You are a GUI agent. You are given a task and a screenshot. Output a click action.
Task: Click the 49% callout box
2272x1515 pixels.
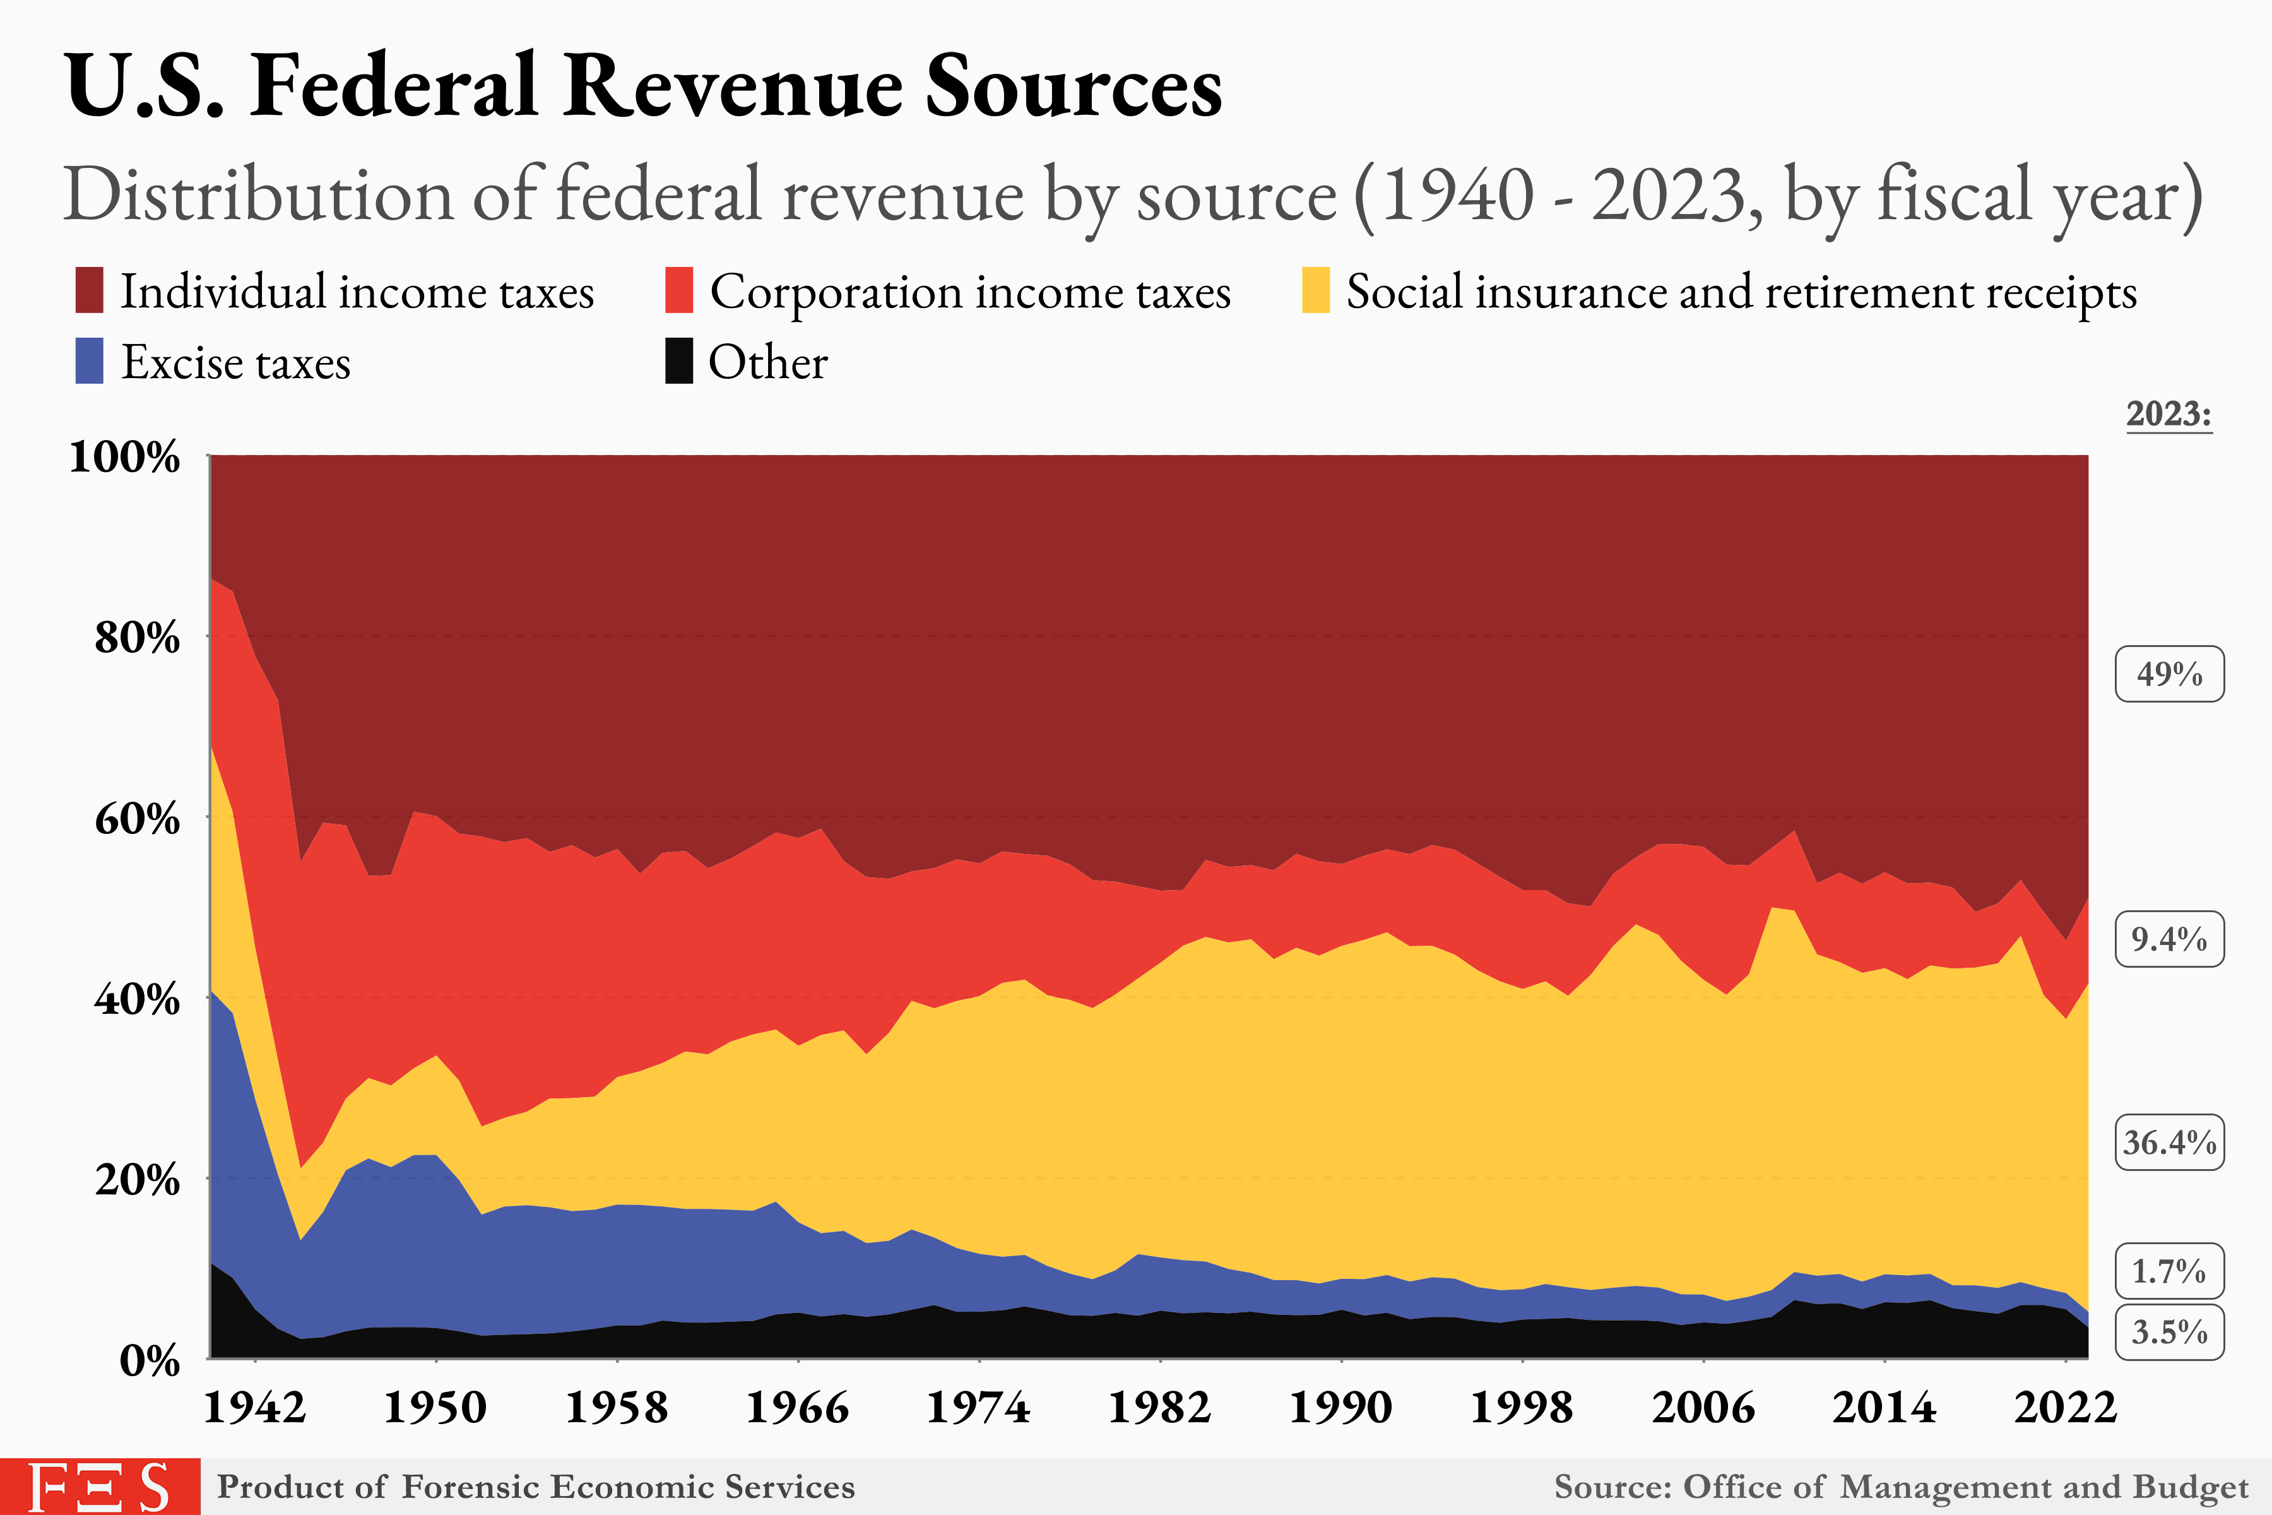coord(2168,674)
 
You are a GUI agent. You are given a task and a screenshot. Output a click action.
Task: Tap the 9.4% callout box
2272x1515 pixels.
coord(2168,939)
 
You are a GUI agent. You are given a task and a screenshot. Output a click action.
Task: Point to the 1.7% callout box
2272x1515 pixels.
coord(2168,1271)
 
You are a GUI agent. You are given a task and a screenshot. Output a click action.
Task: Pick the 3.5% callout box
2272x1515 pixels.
coord(2168,1333)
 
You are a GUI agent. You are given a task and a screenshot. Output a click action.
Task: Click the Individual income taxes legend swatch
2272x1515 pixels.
coord(89,291)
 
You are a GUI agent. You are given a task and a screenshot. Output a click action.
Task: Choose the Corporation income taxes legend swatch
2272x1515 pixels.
coord(679,291)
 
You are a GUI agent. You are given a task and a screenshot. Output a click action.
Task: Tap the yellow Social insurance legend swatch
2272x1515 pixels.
coord(1316,291)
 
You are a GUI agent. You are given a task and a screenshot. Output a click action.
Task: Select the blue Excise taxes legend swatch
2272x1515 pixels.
coord(89,361)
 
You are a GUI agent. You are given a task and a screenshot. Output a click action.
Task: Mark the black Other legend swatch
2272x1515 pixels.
coord(679,361)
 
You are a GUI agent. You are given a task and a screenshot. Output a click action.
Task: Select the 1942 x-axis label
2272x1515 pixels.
coord(254,1408)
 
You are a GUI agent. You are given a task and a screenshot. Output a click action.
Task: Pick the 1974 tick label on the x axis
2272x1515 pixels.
coord(979,1408)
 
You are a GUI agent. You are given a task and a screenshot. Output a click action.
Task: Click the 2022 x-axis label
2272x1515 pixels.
coord(2065,1408)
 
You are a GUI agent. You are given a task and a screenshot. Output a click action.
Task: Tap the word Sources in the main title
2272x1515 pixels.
coord(1074,87)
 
